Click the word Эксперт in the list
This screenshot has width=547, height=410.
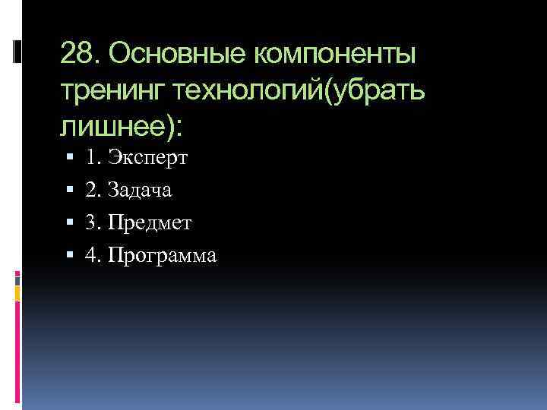(148, 159)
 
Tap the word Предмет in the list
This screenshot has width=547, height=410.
(150, 223)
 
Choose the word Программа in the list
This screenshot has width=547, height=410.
(163, 256)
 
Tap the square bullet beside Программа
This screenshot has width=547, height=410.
(70, 256)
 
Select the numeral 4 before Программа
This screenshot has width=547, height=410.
(91, 255)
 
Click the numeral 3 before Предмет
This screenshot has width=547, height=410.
(91, 223)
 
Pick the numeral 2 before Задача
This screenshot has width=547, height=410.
(91, 191)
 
